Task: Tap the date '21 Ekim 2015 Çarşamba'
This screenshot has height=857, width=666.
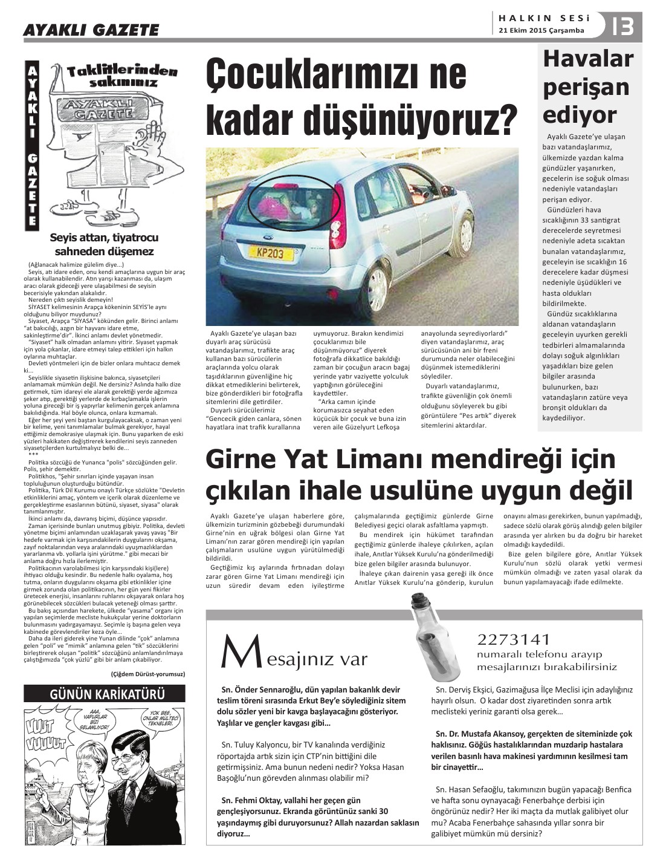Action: pyautogui.click(x=542, y=30)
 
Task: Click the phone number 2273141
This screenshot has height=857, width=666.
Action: pyautogui.click(x=514, y=639)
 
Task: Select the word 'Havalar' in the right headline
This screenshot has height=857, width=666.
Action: pyautogui.click(x=579, y=59)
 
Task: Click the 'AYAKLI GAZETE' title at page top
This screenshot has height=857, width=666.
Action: pyautogui.click(x=91, y=30)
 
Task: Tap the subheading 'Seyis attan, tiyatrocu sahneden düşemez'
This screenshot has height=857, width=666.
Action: pyautogui.click(x=105, y=244)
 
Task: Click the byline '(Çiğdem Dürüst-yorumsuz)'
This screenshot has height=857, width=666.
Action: pyautogui.click(x=148, y=673)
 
